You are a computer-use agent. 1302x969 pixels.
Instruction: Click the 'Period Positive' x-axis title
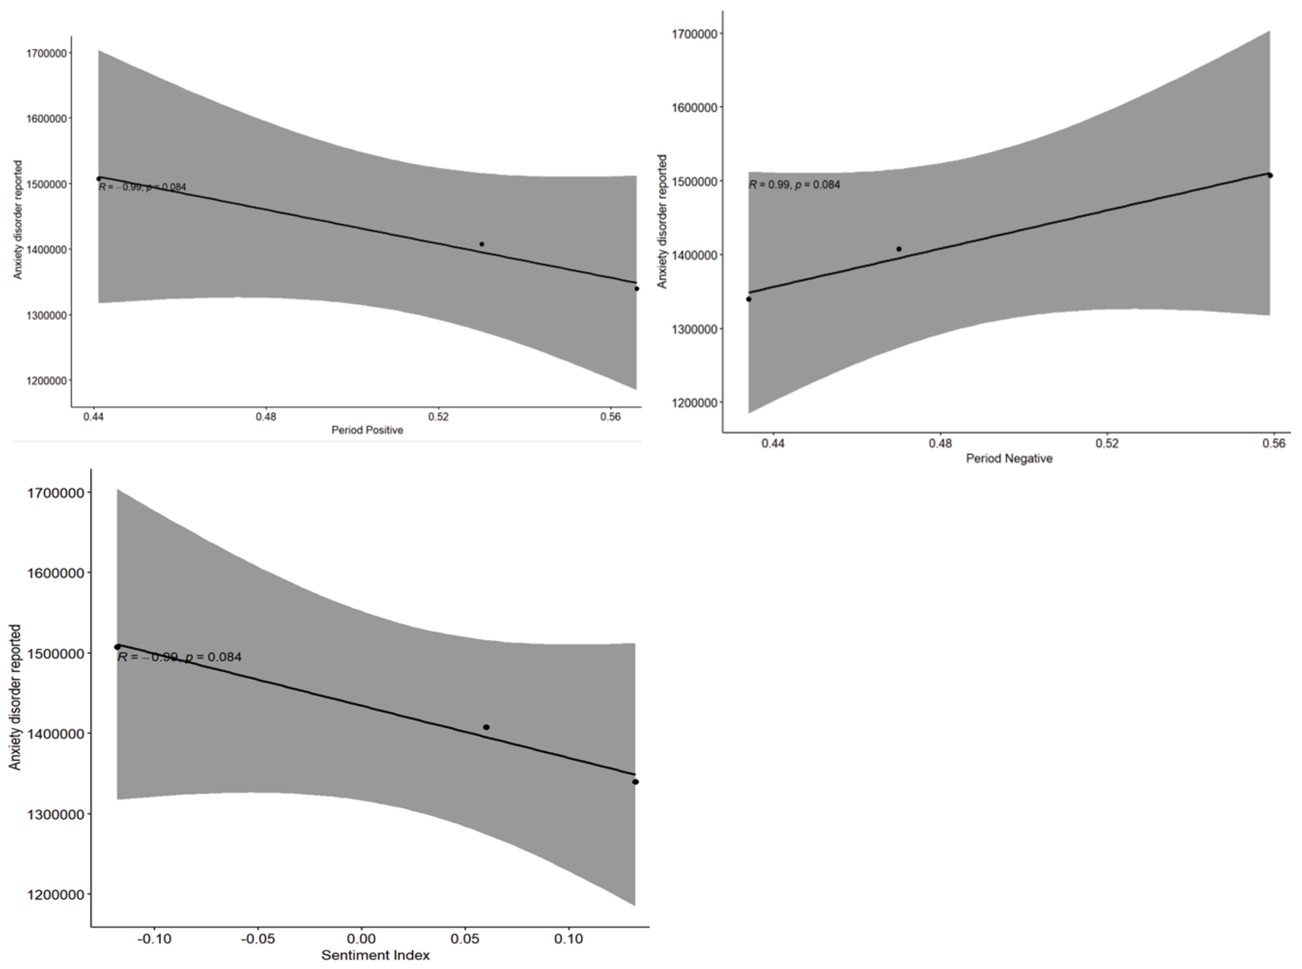(x=367, y=430)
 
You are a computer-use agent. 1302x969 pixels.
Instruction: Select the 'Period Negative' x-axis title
(x=1009, y=458)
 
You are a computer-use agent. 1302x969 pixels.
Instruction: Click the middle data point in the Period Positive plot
(x=482, y=244)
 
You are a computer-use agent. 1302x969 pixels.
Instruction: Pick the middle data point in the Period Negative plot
(x=899, y=249)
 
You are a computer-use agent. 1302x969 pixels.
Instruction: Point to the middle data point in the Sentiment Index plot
(x=486, y=727)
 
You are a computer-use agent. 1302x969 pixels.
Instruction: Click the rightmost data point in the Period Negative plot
(x=1270, y=176)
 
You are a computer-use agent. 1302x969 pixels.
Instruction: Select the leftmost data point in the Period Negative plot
(x=749, y=299)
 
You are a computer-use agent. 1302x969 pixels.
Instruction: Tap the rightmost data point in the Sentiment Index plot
(x=636, y=782)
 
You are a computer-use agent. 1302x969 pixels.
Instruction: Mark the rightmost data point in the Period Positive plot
(x=637, y=288)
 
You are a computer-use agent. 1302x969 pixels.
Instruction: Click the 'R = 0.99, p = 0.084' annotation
(x=794, y=185)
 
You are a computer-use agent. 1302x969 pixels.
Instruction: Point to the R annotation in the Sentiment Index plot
(x=180, y=657)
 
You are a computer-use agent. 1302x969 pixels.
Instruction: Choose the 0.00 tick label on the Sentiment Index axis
(x=361, y=939)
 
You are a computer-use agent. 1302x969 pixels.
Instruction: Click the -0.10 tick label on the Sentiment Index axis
(x=155, y=939)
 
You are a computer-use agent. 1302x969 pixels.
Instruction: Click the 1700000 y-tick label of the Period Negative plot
(x=694, y=33)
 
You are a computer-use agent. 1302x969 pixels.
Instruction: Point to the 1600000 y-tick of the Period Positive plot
(x=46, y=118)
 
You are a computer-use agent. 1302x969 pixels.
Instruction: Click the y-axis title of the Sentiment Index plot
(x=15, y=697)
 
